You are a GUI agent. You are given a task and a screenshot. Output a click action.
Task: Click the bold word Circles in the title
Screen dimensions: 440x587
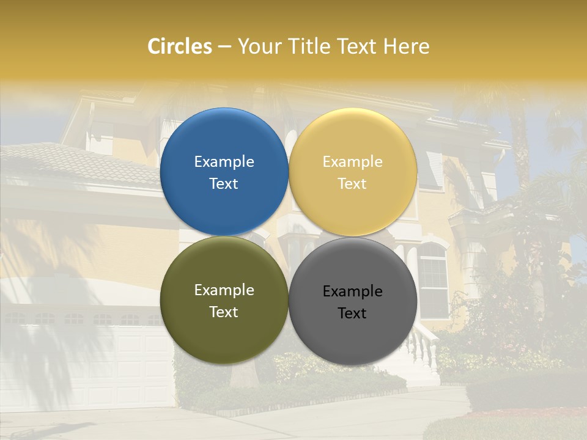tap(179, 46)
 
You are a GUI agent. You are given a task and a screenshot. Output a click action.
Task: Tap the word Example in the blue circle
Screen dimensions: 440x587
tap(224, 162)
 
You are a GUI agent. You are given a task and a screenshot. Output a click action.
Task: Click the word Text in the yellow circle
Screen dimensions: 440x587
tap(352, 184)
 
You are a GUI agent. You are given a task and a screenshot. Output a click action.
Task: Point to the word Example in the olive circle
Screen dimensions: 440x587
tap(224, 290)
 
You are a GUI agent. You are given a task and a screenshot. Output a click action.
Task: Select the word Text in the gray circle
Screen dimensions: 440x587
tap(352, 313)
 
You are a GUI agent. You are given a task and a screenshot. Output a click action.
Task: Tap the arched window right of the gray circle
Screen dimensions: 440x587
tap(433, 278)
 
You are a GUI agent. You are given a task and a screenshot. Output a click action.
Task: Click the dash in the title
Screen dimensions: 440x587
tap(224, 47)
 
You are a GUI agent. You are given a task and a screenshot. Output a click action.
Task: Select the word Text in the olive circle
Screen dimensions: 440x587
tap(224, 312)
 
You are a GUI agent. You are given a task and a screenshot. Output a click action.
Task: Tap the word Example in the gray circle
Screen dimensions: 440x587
tap(352, 291)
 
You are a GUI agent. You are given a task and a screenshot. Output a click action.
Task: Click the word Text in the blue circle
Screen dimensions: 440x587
tap(224, 184)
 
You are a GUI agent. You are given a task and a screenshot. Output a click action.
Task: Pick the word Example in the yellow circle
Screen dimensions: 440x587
tap(352, 162)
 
